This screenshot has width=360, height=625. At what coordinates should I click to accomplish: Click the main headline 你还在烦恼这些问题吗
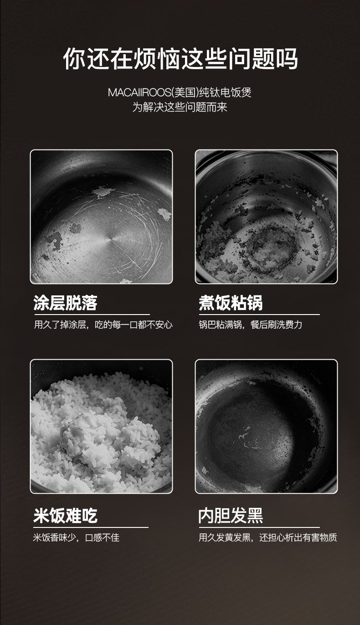point(180,59)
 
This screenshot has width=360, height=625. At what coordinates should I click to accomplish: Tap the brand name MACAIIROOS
point(139,93)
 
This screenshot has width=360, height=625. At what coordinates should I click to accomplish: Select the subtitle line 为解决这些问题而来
point(180,107)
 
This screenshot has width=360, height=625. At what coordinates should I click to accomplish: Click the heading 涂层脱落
point(65,303)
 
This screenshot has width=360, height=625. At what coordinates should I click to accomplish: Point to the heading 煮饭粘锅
point(231,303)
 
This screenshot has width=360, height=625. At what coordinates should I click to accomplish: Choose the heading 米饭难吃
point(65,515)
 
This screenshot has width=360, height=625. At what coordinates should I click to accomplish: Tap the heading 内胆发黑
point(231,515)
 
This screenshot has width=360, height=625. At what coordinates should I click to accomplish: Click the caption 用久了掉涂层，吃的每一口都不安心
point(103,325)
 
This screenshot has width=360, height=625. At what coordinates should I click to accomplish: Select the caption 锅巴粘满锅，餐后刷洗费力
point(251,325)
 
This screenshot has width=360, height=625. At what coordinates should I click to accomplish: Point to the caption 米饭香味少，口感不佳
point(76,537)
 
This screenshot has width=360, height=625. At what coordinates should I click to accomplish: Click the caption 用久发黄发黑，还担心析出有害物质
point(267,537)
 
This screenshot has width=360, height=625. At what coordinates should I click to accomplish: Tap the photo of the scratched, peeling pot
point(102,217)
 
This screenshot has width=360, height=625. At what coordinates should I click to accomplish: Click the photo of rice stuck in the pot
point(266,217)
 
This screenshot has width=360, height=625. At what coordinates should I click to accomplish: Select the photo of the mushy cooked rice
point(102,427)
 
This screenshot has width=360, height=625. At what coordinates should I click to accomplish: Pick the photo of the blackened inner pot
point(266,427)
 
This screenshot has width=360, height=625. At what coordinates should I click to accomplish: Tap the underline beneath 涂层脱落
point(92,315)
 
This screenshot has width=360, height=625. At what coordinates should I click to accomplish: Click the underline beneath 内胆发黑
point(259,527)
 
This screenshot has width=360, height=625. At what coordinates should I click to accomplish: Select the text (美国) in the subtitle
point(185,93)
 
